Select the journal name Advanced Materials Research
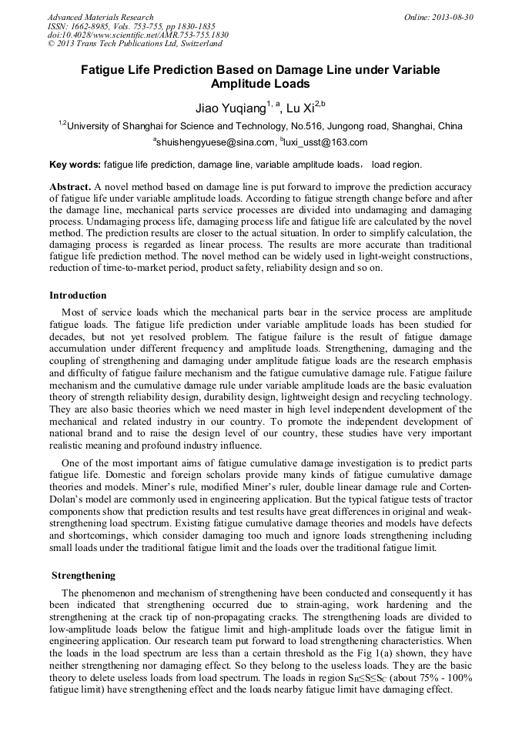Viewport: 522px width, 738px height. point(100,17)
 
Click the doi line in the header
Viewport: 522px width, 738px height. point(138,35)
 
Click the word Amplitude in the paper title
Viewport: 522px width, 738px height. point(244,84)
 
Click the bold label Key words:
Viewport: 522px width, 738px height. point(75,165)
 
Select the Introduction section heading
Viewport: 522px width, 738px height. point(78,296)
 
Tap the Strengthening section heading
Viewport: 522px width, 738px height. point(83,575)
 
